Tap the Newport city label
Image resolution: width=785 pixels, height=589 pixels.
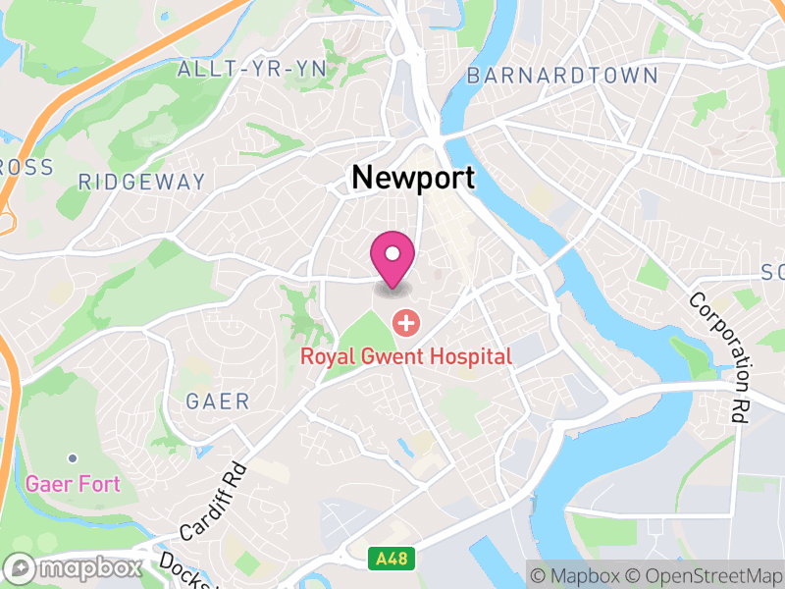[x=413, y=178]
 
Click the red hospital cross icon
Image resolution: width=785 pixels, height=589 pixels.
[x=404, y=322]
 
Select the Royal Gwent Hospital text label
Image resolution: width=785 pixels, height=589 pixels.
[x=406, y=355]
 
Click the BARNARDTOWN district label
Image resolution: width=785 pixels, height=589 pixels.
[x=562, y=76]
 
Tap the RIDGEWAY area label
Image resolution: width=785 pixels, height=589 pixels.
[x=142, y=182]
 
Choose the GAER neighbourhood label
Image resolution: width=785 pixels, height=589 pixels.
[x=218, y=402]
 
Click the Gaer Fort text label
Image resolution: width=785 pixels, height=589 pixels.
[x=73, y=484]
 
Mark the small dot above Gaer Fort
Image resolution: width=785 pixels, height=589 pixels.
[x=73, y=457]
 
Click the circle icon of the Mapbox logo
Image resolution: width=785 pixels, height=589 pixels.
[x=21, y=568]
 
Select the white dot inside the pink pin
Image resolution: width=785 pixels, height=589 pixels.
[x=392, y=253]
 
